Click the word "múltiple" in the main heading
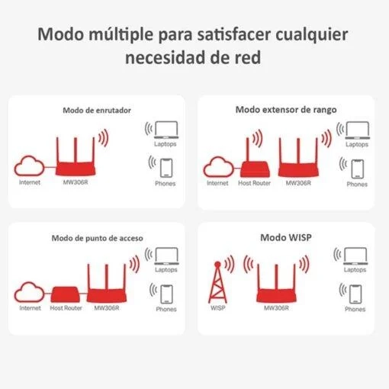point(121,35)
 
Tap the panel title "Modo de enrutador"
point(97,111)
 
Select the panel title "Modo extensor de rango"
point(286,110)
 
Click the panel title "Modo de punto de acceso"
point(97,238)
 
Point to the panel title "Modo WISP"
point(286,237)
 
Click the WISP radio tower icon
point(217,282)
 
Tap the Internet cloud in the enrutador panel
point(29,166)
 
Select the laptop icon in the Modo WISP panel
point(355,256)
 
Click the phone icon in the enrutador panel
point(166,168)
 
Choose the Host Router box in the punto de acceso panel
point(66,294)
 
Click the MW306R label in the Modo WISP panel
point(276,308)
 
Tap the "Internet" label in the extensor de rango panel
point(217,183)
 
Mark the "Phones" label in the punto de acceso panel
point(166,309)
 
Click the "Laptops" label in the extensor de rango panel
point(357,144)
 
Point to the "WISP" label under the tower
point(218,308)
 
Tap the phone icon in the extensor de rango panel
point(357,169)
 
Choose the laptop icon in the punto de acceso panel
point(166,256)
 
